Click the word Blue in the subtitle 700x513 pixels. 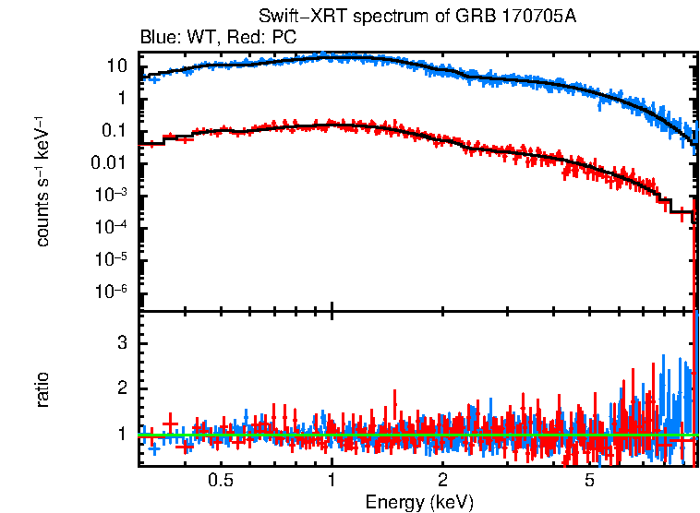156,37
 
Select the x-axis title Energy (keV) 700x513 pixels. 419,502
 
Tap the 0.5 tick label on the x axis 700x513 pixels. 220,481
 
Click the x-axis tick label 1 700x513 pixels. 332,481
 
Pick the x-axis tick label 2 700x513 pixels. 443,481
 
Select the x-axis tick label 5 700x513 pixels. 590,481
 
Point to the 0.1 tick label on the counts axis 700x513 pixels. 113,131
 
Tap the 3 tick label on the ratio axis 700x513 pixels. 120,342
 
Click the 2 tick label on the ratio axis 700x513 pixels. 120,388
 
